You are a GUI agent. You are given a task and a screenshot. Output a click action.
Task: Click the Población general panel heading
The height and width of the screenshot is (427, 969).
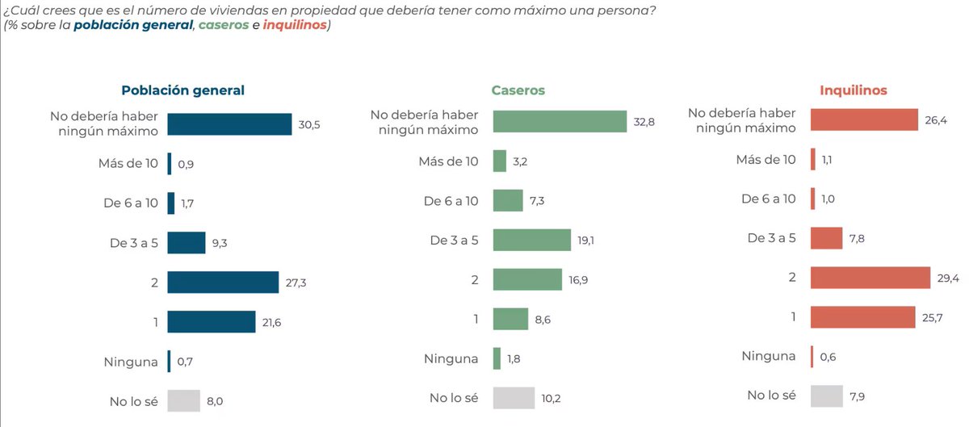[182, 90]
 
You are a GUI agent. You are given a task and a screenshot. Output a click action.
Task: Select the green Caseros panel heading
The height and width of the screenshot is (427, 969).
[518, 90]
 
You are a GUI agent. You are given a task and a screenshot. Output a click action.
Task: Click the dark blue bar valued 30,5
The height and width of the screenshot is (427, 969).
[229, 124]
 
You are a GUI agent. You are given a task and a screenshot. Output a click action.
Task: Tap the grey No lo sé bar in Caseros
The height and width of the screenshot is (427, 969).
[514, 397]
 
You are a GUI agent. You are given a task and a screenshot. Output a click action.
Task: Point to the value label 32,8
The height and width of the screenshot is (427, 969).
[644, 123]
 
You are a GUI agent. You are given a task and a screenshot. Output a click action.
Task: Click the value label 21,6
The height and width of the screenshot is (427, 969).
[271, 323]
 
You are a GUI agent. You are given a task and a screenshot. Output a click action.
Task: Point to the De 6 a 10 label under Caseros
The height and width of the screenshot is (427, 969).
[451, 201]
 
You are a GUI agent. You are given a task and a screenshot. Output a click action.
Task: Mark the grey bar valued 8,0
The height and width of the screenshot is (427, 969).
[183, 400]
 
